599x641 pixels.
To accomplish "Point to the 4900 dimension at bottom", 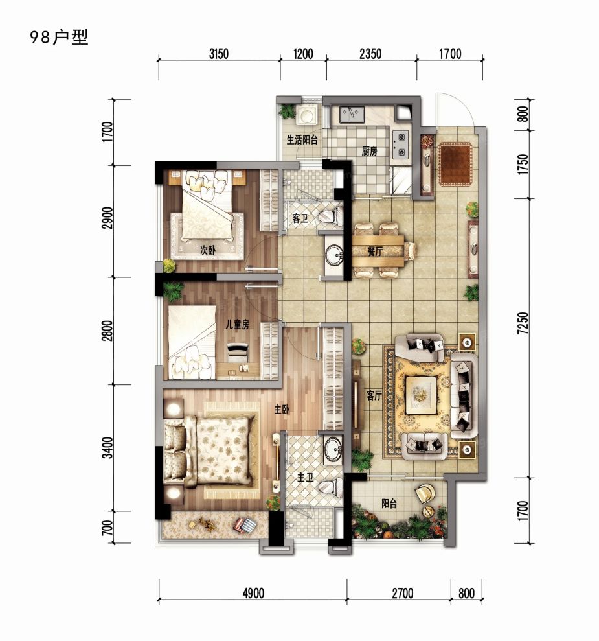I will pos(253,592).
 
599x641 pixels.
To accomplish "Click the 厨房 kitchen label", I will pos(369,152).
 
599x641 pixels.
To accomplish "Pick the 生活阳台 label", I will pos(302,139).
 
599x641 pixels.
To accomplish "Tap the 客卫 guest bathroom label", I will pos(300,219).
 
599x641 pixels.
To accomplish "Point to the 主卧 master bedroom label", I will pos(282,410).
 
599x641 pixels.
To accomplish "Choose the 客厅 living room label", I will pos(374,395).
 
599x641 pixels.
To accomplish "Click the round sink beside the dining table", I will pos(335,255).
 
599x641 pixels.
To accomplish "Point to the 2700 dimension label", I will pos(401,592).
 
